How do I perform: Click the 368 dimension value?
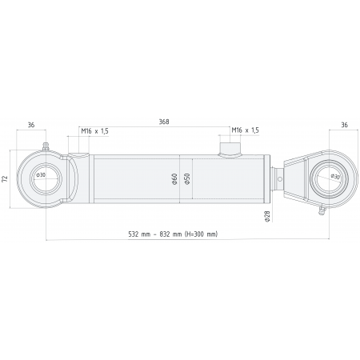pos(164,122)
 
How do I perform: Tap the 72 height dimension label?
pos(6,179)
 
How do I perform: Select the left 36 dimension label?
pos(31,125)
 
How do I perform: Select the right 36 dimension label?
pos(345,125)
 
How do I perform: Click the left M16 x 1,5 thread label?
pos(95,131)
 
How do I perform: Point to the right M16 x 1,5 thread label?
pos(246,130)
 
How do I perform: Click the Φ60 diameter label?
pos(174,179)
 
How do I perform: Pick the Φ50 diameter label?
pos(187,178)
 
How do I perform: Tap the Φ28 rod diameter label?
pos(267,216)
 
